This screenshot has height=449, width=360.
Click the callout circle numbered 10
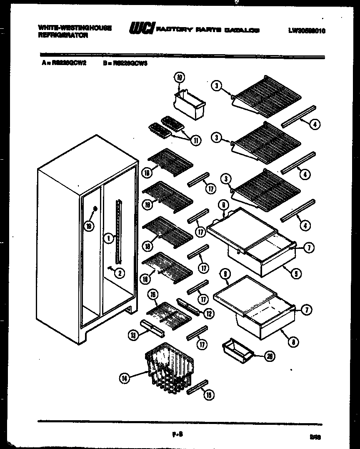tap(180, 78)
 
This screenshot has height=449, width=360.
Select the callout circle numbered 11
tap(194, 140)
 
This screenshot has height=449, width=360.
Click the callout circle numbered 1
tap(108, 238)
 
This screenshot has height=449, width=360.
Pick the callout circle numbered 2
tap(119, 273)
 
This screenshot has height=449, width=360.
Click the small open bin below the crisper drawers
tap(237, 349)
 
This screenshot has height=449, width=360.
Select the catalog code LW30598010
tap(306, 30)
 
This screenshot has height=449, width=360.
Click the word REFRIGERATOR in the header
tap(63, 36)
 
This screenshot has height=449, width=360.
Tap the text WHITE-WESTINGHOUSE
tap(75, 28)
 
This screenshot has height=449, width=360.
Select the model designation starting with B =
tap(125, 63)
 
